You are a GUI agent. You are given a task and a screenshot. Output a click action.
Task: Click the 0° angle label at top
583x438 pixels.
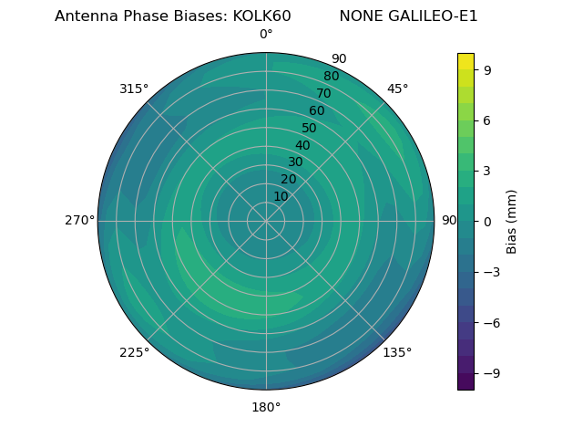pyautogui.click(x=266, y=35)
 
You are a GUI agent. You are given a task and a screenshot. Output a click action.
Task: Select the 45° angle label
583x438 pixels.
pyautogui.click(x=398, y=89)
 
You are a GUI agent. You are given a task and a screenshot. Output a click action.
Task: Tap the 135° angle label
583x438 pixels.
pyautogui.click(x=397, y=352)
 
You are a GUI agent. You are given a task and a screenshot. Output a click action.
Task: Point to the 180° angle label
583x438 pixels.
pyautogui.click(x=266, y=407)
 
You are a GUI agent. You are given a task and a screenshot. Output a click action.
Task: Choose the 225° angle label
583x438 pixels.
pyautogui.click(x=134, y=352)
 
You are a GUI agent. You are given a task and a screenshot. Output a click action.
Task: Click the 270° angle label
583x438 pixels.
pyautogui.click(x=79, y=220)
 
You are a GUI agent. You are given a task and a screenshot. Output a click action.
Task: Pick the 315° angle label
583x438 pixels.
pyautogui.click(x=134, y=89)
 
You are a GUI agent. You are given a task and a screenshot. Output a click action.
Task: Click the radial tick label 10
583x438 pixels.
pyautogui.click(x=281, y=196)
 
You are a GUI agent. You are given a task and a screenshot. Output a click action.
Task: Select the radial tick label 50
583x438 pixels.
pyautogui.click(x=309, y=128)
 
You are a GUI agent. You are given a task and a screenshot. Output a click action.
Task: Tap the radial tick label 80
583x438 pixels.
pyautogui.click(x=331, y=76)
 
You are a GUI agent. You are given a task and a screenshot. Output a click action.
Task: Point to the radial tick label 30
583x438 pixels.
pyautogui.click(x=295, y=162)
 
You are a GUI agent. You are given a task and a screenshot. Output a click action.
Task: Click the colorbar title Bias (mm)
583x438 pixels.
pyautogui.click(x=512, y=221)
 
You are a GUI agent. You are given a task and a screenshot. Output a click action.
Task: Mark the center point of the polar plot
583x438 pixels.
pyautogui.click(x=266, y=221)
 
